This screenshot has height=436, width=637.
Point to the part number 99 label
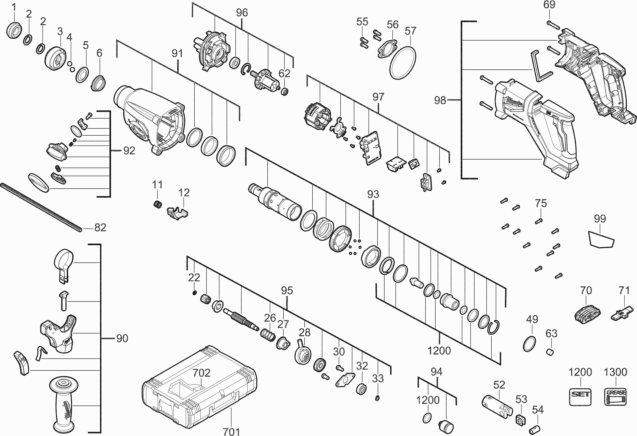coord(600,219)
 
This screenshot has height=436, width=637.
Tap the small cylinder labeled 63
coord(550,352)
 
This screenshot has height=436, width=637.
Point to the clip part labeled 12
coord(178,212)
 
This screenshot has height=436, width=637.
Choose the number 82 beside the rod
coord(100,227)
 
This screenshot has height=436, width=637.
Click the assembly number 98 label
coord(440,101)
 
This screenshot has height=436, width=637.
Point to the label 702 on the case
coord(201,373)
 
